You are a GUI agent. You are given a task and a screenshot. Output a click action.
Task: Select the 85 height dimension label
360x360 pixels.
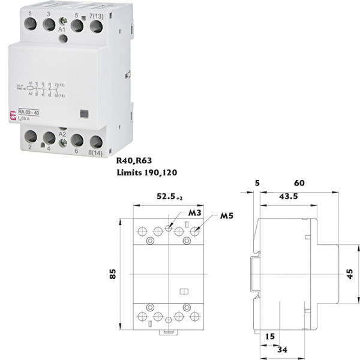click(112, 274)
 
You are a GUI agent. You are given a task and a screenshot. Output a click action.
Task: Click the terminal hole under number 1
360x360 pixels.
click(31, 25)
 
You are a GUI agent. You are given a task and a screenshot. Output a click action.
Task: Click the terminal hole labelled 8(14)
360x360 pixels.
click(95, 143)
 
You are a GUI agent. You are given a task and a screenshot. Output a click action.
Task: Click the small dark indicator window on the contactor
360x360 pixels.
click(84, 112)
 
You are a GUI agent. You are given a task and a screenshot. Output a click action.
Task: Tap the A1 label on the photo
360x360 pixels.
click(62, 28)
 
